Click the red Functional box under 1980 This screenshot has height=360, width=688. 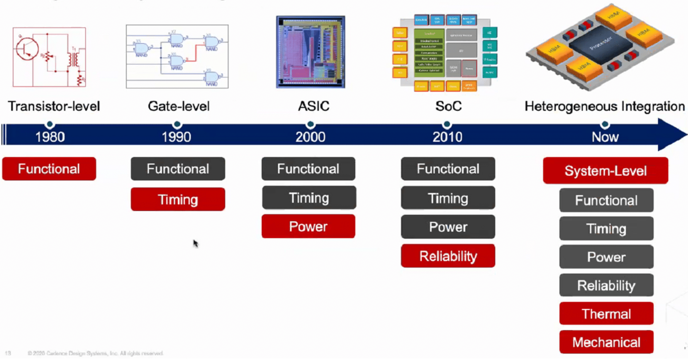[49, 169]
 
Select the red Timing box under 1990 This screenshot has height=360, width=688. [178, 199]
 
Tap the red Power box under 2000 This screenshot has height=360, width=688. [308, 227]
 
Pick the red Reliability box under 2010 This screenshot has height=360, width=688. [448, 256]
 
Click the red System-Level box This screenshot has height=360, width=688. [605, 171]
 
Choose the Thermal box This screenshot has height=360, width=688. [606, 314]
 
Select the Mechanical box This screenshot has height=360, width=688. [606, 342]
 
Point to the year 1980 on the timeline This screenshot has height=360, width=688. [50, 137]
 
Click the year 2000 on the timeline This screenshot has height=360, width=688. [310, 137]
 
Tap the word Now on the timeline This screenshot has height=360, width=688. [605, 137]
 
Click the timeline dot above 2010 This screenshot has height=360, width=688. [447, 124]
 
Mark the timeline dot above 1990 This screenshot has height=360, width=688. [177, 124]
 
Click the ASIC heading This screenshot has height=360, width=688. [314, 106]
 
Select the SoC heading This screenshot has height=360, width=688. [448, 106]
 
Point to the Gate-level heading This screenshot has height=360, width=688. [178, 106]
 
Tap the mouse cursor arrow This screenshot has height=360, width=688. [195, 244]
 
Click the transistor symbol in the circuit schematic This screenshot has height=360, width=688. [27, 48]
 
